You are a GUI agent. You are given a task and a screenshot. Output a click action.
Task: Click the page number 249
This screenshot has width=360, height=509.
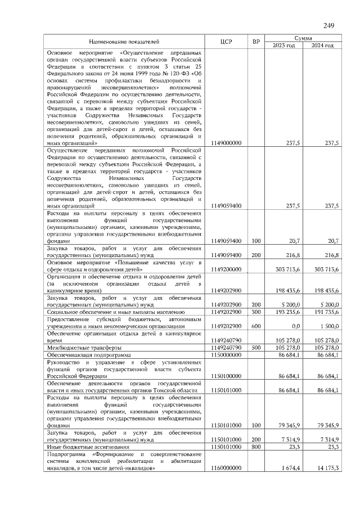coord(329,25)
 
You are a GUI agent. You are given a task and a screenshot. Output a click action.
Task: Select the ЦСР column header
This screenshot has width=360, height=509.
coord(227,42)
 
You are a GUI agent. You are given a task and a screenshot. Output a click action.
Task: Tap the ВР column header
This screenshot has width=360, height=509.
coord(256,42)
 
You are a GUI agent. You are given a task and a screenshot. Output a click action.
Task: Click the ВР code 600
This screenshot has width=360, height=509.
coord(256,326)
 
